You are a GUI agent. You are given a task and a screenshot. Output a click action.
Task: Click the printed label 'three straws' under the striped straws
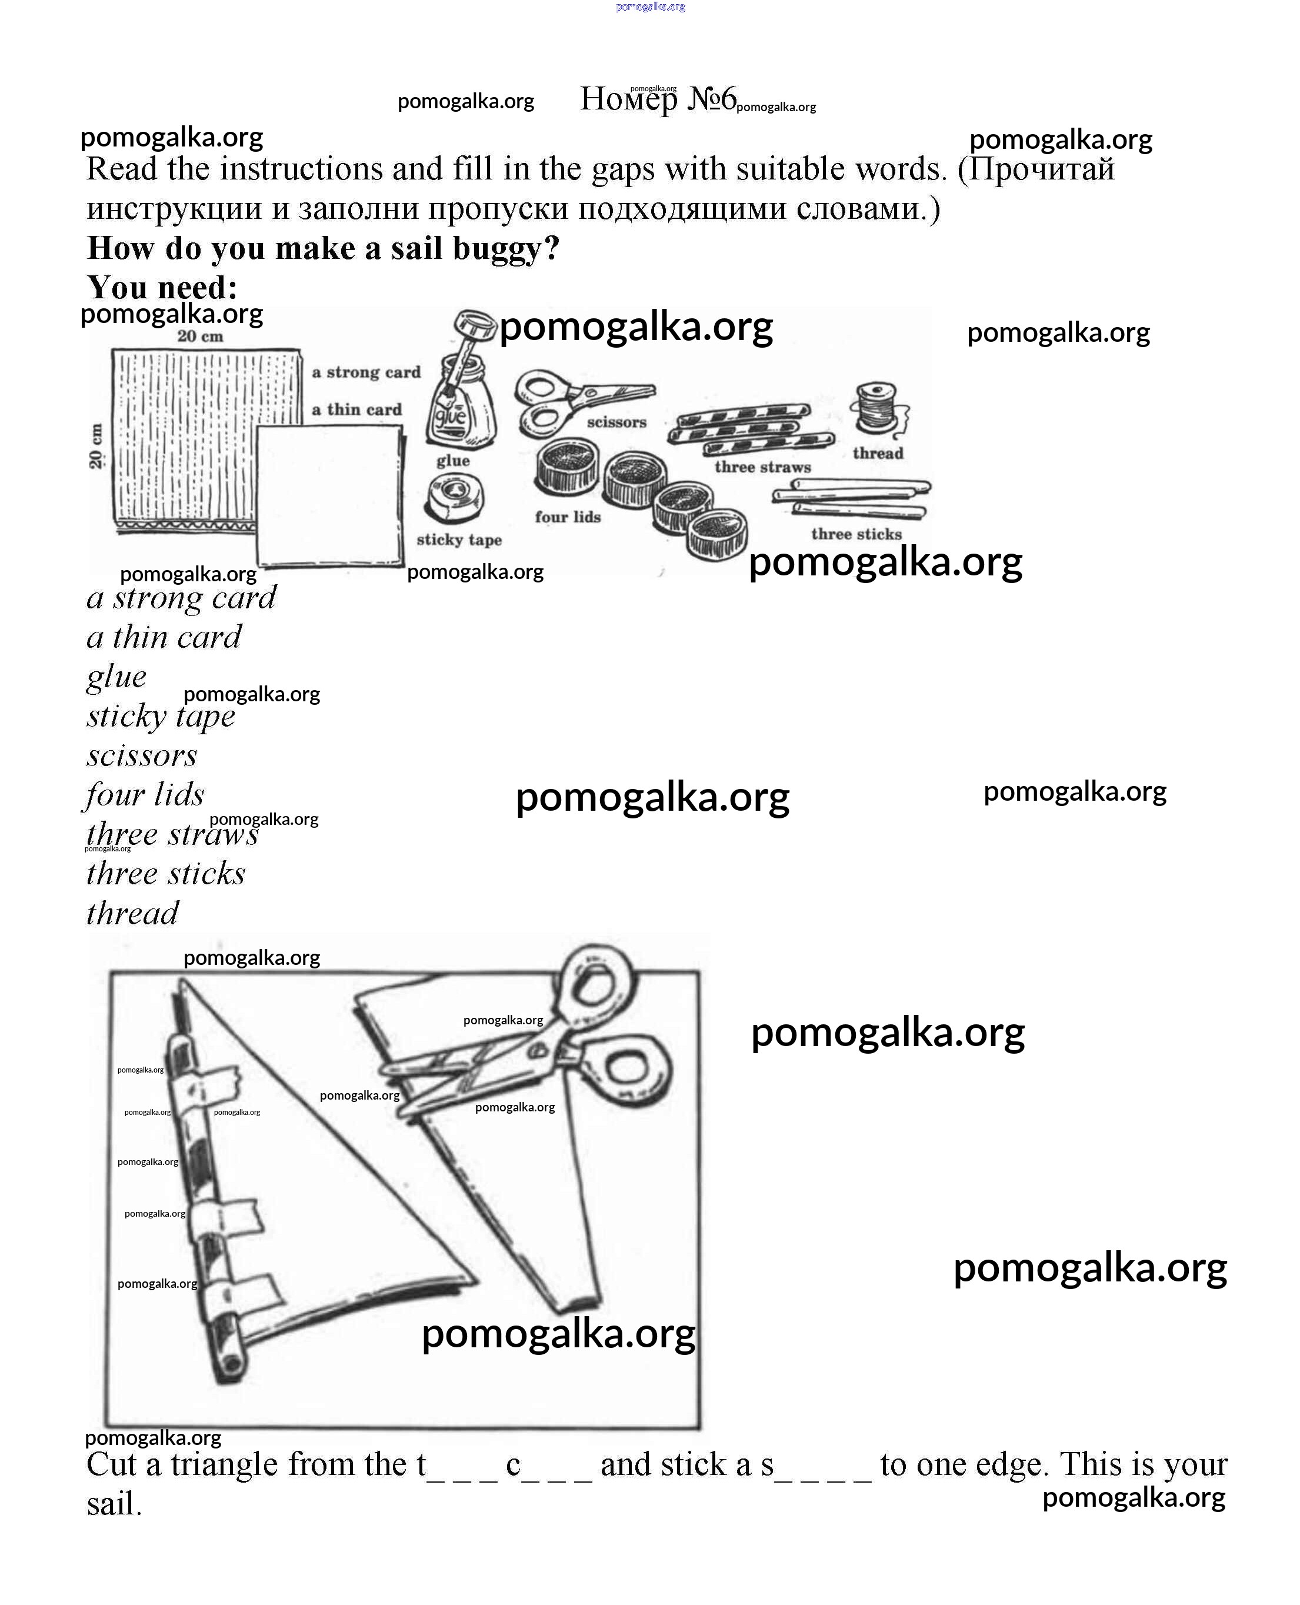(762, 467)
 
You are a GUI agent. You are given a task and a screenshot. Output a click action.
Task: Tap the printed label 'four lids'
(568, 517)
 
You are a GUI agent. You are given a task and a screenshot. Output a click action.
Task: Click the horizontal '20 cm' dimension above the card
(200, 337)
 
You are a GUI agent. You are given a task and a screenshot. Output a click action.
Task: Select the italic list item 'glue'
(116, 677)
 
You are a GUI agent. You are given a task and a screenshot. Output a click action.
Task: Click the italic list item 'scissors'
(142, 755)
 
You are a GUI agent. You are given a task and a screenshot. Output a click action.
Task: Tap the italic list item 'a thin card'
(164, 637)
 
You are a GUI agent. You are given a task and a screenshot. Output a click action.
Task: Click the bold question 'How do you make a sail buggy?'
(323, 248)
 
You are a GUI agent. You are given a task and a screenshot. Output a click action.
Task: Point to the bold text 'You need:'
(162, 287)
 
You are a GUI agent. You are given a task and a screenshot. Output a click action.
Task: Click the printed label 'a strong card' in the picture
(366, 372)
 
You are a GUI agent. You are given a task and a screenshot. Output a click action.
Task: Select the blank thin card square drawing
(329, 494)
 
